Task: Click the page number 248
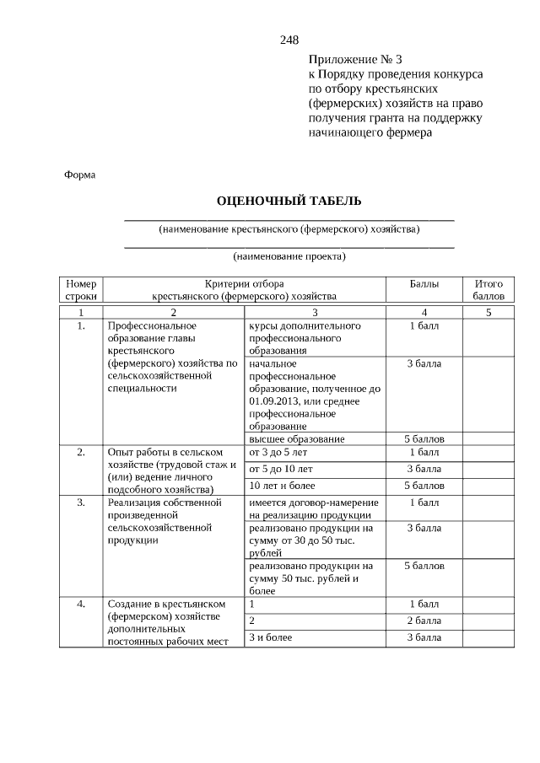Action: (289, 40)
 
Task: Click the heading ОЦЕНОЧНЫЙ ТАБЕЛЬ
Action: (289, 201)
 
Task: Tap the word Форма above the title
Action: (80, 175)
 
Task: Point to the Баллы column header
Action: (424, 284)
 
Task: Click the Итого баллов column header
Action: (489, 290)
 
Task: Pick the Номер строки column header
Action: (81, 290)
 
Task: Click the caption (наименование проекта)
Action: (289, 255)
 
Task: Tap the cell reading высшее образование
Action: (296, 439)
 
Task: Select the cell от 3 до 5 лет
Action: (278, 453)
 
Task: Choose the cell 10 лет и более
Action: (282, 486)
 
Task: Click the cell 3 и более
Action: (270, 637)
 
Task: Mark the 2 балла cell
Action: (424, 621)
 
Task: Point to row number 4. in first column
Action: (81, 604)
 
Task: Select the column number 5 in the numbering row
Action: (489, 313)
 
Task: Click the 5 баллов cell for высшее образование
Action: (424, 439)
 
